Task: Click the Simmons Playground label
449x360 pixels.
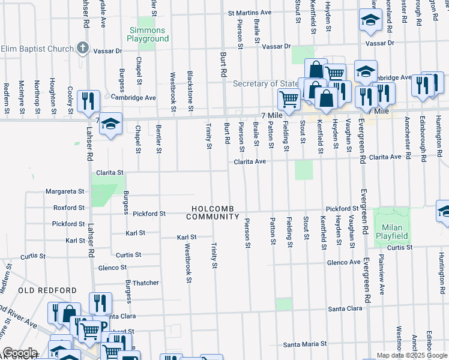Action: (x=147, y=34)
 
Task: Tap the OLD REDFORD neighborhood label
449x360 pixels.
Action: (x=39, y=290)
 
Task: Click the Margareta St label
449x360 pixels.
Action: (x=65, y=192)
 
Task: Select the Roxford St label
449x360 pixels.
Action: (x=68, y=208)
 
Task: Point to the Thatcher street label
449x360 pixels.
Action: (x=146, y=283)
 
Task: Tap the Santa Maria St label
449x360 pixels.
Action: (x=305, y=344)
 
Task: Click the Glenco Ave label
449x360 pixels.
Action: (x=343, y=262)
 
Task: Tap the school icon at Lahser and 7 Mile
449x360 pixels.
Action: (x=110, y=125)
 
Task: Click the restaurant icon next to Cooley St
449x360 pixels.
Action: (x=89, y=101)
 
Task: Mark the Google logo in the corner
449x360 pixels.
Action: (x=20, y=353)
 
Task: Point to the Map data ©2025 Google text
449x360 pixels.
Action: (x=412, y=355)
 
